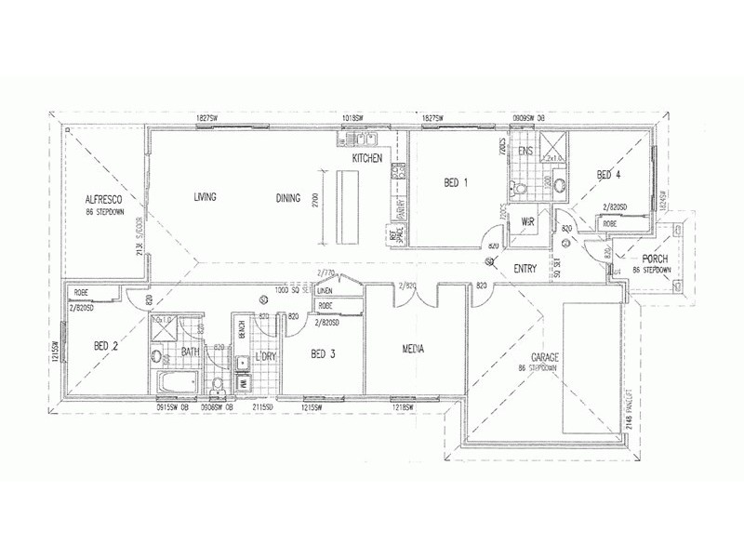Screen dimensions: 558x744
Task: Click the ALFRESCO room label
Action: (x=105, y=199)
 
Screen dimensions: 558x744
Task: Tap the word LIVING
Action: (x=205, y=197)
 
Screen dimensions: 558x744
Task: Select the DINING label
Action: (x=287, y=197)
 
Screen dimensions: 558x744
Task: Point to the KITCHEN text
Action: (x=367, y=160)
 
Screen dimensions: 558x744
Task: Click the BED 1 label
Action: (x=456, y=182)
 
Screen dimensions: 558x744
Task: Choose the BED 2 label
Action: (x=106, y=346)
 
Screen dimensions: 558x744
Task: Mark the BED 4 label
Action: (x=608, y=174)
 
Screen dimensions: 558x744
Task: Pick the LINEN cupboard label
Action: (x=325, y=290)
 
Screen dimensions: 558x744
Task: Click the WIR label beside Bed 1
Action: (x=527, y=221)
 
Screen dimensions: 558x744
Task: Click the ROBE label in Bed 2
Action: (x=80, y=291)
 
